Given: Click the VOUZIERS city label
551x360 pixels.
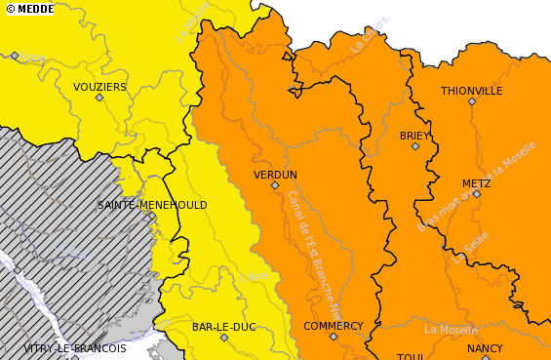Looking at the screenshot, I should click(x=99, y=87).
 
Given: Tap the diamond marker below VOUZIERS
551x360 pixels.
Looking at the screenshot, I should click(x=98, y=98).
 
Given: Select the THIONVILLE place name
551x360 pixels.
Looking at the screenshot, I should click(x=471, y=91).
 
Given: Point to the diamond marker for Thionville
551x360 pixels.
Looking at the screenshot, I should click(x=472, y=101).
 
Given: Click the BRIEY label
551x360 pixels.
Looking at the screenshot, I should click(x=414, y=136).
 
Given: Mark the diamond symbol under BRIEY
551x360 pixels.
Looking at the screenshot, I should click(x=415, y=146).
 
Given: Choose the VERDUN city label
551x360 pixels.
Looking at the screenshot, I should click(x=275, y=175).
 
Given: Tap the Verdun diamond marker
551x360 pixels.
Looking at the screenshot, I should click(x=275, y=185).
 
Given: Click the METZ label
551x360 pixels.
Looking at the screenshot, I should click(x=476, y=183).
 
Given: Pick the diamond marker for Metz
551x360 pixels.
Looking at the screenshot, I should click(x=477, y=194).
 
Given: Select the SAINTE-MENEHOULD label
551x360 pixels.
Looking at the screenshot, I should click(x=152, y=205).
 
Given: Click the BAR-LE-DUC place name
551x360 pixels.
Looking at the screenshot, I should click(x=223, y=327).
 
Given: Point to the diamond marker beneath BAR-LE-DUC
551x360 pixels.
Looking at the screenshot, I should click(x=224, y=338).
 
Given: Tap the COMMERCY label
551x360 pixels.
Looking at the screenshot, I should click(x=333, y=326).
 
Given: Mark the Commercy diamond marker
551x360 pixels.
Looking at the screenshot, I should click(x=334, y=337).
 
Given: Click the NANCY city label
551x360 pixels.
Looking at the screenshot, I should click(x=485, y=348).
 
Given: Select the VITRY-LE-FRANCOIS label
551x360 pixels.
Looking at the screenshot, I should click(x=75, y=348).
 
